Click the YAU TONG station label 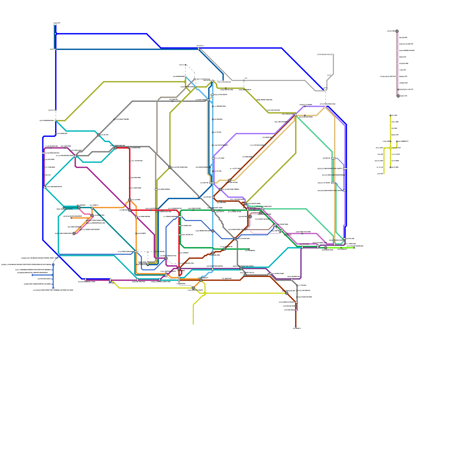[x=304, y=244]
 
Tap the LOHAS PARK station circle [x=325, y=248]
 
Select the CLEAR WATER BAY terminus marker [x=354, y=248]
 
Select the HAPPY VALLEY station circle [x=245, y=275]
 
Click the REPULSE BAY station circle [x=287, y=293]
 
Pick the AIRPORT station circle [x=79, y=208]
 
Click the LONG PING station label [x=66, y=146]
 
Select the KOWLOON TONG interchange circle [x=213, y=210]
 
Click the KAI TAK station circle [x=250, y=217]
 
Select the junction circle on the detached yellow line [x=390, y=148]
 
